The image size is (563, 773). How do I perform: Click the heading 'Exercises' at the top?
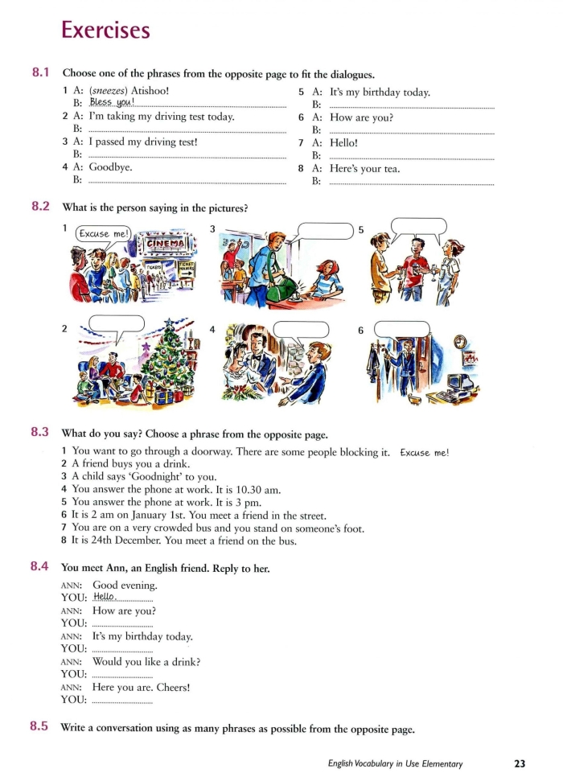coord(105,30)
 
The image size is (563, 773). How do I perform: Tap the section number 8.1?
coord(41,72)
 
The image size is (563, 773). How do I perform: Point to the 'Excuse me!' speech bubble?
coord(101,233)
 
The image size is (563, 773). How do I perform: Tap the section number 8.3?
coord(41,432)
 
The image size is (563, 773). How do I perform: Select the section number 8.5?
coord(41,727)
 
